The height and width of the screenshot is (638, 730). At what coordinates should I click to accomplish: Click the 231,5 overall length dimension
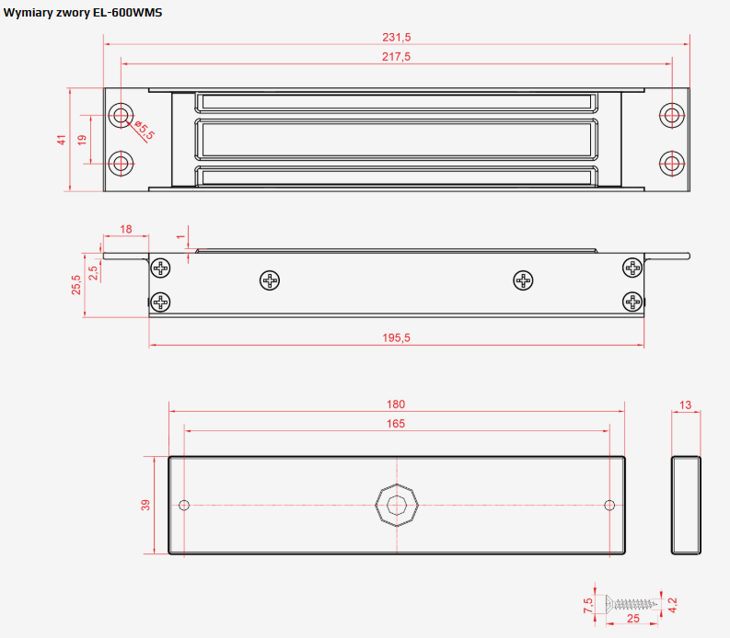(x=396, y=37)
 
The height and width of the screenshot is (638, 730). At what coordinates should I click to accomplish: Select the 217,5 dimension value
(x=396, y=57)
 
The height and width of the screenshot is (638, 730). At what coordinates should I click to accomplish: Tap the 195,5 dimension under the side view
(x=396, y=337)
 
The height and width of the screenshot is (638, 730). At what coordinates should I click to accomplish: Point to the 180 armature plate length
(x=396, y=404)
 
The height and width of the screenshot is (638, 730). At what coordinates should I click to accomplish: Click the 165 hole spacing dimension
(x=396, y=424)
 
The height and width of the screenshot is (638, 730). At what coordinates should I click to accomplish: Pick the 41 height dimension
(x=62, y=140)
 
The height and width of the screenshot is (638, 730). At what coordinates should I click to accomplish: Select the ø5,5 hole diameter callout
(x=145, y=130)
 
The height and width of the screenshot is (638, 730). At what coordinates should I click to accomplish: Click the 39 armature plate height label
(x=145, y=505)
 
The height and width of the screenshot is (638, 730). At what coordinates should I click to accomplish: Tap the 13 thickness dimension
(x=685, y=405)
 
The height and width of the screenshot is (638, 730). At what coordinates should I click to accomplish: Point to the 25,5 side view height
(x=75, y=285)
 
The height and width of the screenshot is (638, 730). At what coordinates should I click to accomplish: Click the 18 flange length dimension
(x=126, y=229)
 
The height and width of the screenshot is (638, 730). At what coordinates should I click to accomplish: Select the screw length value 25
(x=633, y=619)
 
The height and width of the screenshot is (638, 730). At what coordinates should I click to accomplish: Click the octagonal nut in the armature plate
(x=397, y=505)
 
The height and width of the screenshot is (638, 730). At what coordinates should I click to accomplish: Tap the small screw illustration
(x=631, y=604)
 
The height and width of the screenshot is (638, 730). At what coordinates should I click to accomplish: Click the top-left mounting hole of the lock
(x=121, y=115)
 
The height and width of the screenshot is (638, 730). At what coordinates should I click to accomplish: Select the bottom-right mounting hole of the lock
(x=672, y=164)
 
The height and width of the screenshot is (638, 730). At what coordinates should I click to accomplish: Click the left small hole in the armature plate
(x=184, y=505)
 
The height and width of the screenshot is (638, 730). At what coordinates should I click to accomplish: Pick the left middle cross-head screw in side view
(x=270, y=280)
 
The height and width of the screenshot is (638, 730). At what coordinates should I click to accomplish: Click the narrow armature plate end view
(x=686, y=505)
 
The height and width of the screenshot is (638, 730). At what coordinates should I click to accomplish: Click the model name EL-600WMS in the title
(x=128, y=13)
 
